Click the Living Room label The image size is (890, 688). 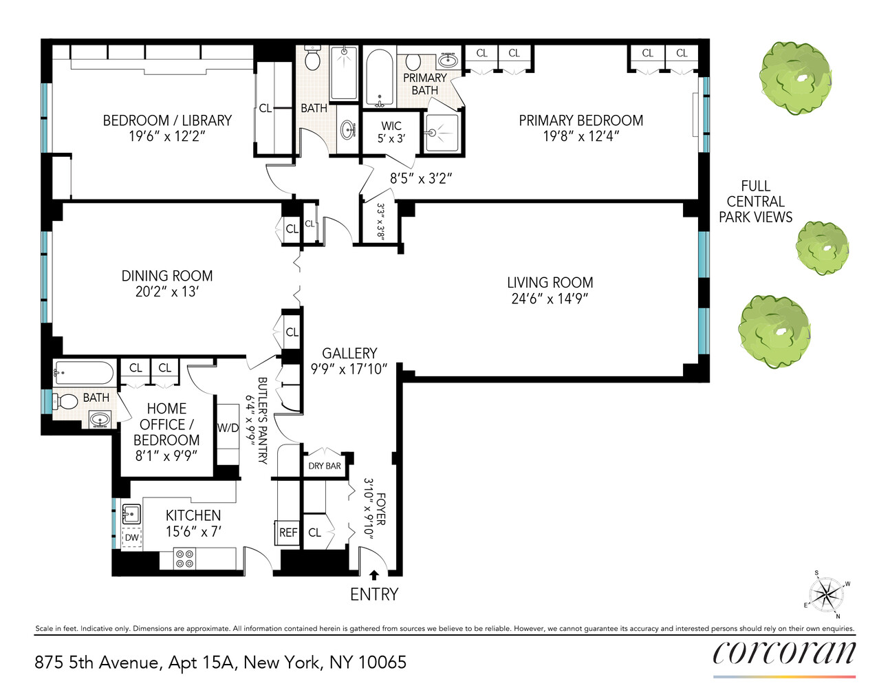click(x=550, y=283)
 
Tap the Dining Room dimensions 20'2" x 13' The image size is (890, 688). click(x=166, y=292)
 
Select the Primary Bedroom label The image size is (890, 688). click(x=580, y=120)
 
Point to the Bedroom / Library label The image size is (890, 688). click(x=167, y=120)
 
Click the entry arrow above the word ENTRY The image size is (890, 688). click(x=374, y=574)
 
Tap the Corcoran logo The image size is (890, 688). click(x=784, y=653)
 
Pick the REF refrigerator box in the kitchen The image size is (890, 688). click(x=288, y=533)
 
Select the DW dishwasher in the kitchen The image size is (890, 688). click(x=131, y=537)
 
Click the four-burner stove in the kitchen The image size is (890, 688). click(x=184, y=558)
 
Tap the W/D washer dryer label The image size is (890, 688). click(x=228, y=428)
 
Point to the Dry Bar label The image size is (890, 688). click(x=325, y=466)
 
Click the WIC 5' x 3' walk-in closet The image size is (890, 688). click(x=391, y=132)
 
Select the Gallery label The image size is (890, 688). click(x=349, y=354)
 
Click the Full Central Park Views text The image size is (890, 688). click(x=755, y=202)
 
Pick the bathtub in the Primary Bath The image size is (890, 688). click(x=379, y=77)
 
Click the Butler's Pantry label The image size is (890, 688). click(x=262, y=420)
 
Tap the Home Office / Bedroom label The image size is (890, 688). click(x=166, y=424)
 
